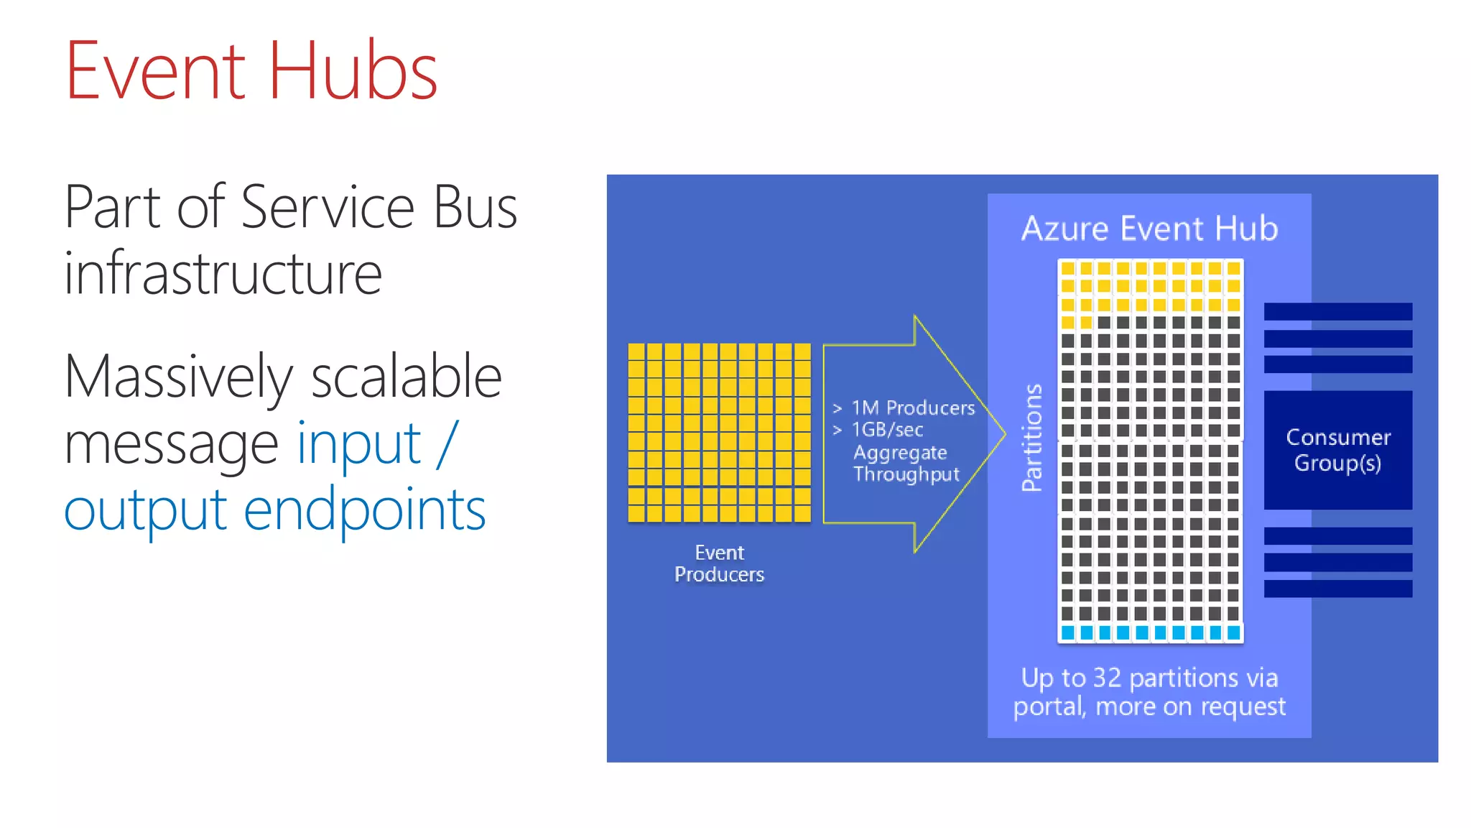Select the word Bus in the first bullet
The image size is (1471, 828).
[x=475, y=208]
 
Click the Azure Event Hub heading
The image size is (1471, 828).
[x=1149, y=229]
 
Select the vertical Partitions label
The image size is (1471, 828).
[x=1032, y=438]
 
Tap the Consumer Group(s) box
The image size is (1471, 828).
[x=1337, y=450]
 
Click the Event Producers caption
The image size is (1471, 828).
[x=719, y=563]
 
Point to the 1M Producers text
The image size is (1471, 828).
[x=913, y=408]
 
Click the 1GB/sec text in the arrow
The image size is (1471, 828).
[x=887, y=430]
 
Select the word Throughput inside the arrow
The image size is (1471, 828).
[x=906, y=474]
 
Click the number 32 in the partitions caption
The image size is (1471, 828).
[x=1107, y=678]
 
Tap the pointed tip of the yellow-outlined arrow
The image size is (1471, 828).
[x=1003, y=433]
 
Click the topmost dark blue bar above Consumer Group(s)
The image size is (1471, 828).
[x=1337, y=311]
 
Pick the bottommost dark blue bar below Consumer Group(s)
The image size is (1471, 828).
[x=1337, y=589]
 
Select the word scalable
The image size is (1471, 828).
[x=406, y=377]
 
